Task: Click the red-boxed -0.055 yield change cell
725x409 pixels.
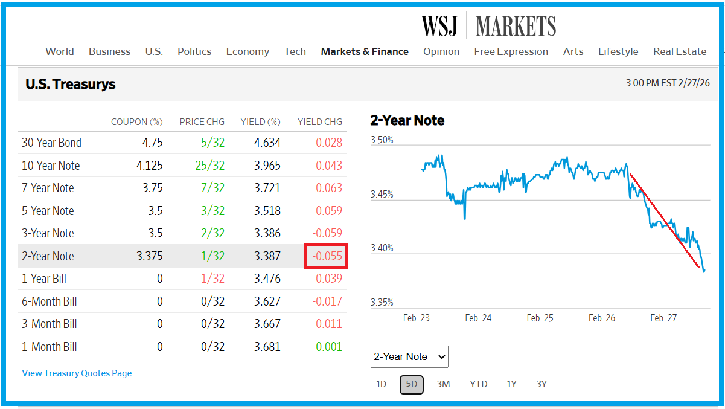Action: [x=326, y=256]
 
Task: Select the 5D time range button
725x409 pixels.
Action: [x=411, y=384]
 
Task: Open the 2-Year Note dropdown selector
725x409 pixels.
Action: [x=409, y=356]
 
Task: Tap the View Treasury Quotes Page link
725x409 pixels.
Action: [x=77, y=373]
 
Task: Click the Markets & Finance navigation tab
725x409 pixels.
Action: [x=365, y=51]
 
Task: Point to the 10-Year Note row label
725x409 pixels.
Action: [x=51, y=166]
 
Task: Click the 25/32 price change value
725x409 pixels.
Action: [x=211, y=166]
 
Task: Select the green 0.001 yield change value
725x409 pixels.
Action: [x=328, y=347]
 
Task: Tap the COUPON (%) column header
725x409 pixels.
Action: [x=137, y=122]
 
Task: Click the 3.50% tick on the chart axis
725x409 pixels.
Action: [x=382, y=140]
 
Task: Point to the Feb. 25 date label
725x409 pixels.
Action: [x=540, y=318]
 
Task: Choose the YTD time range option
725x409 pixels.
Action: [x=478, y=384]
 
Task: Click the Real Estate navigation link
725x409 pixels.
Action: [x=679, y=51]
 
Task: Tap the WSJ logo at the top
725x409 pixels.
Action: [x=439, y=27]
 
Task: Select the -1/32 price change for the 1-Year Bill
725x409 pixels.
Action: [x=211, y=279]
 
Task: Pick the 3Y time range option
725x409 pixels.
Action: [x=541, y=384]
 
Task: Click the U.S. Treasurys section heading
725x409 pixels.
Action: [x=71, y=85]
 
